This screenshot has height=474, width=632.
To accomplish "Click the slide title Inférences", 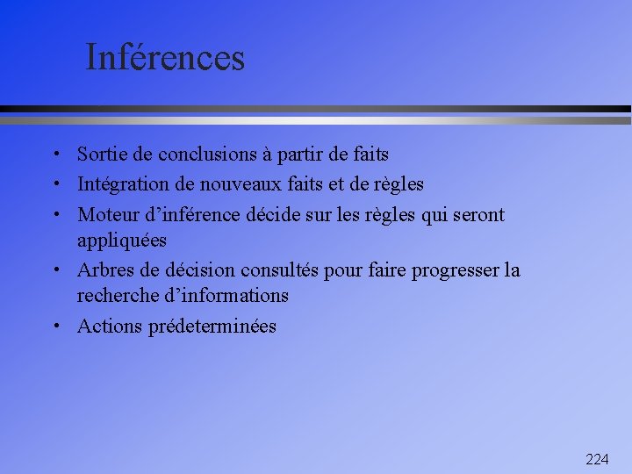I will [x=165, y=58].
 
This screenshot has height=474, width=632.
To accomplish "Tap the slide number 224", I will [x=597, y=459].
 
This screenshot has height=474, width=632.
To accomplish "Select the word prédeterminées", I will [x=212, y=327].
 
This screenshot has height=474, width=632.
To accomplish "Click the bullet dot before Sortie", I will [x=55, y=155].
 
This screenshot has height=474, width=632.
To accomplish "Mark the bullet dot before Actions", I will [x=55, y=327].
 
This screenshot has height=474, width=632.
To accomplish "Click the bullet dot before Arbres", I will [x=55, y=270].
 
